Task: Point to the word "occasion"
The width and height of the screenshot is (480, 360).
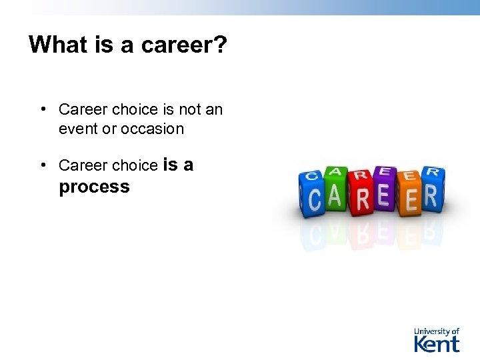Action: point(153,129)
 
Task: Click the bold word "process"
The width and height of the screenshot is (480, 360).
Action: point(94,187)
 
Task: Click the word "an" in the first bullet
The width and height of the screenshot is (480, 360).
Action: point(214,109)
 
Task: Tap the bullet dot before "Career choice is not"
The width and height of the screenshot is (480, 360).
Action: point(42,109)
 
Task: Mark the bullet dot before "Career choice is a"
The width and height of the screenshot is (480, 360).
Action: point(42,165)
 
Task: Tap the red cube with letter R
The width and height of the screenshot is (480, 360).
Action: point(362,197)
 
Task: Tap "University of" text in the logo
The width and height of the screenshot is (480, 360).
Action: point(437,331)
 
